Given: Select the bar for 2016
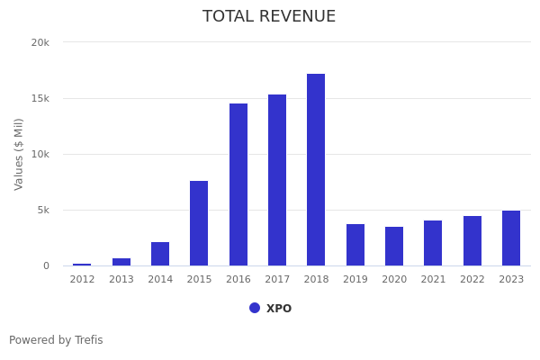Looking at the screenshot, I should coord(238,184).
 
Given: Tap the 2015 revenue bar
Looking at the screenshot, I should coord(199,223).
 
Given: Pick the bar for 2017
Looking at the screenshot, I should coord(277,180).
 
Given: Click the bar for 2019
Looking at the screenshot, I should coord(355,245).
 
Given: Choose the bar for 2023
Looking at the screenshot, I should coord(511,238).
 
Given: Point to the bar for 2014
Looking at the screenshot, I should coord(160,254).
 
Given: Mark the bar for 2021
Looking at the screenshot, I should coord(433,243).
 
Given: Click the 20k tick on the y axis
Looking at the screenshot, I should coord(40,42).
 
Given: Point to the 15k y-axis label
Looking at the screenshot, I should coord(40,98).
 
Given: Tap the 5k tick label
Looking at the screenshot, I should coord(42,210).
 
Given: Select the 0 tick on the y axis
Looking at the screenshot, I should coord(46,265).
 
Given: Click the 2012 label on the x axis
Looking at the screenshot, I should coord(82,280).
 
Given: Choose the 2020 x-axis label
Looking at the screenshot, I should coord(394,280).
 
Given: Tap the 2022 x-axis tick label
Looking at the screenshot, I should coord(472,280).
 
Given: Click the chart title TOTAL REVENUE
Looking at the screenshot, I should coord(269,17).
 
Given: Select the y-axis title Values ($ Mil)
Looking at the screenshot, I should coord(19,154).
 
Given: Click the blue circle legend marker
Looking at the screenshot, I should coord(255,308).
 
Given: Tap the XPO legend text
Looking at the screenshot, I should coord(279,309).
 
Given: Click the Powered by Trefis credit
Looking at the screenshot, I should coord(56,340).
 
